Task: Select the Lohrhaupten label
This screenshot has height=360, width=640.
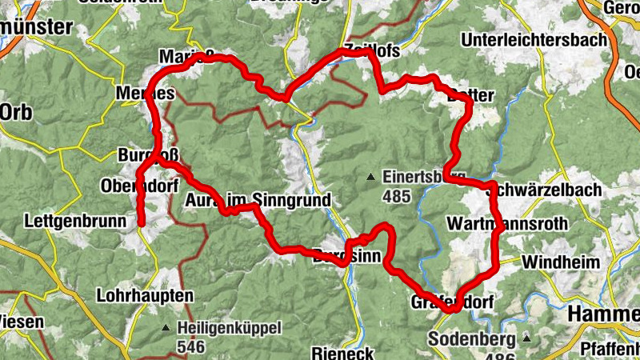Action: [x=145, y=295]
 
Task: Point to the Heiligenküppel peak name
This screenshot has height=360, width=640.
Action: [x=230, y=328]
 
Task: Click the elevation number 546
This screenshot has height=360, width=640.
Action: [x=192, y=346]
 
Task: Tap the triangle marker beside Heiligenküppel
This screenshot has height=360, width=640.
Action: [x=166, y=328]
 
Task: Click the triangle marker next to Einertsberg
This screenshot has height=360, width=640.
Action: [x=370, y=177]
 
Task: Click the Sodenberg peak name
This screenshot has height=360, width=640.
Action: [x=469, y=338]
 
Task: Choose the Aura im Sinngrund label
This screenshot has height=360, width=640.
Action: [x=257, y=200]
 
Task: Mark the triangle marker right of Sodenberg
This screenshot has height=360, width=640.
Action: [x=526, y=338]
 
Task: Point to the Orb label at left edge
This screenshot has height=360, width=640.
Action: [x=16, y=112]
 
